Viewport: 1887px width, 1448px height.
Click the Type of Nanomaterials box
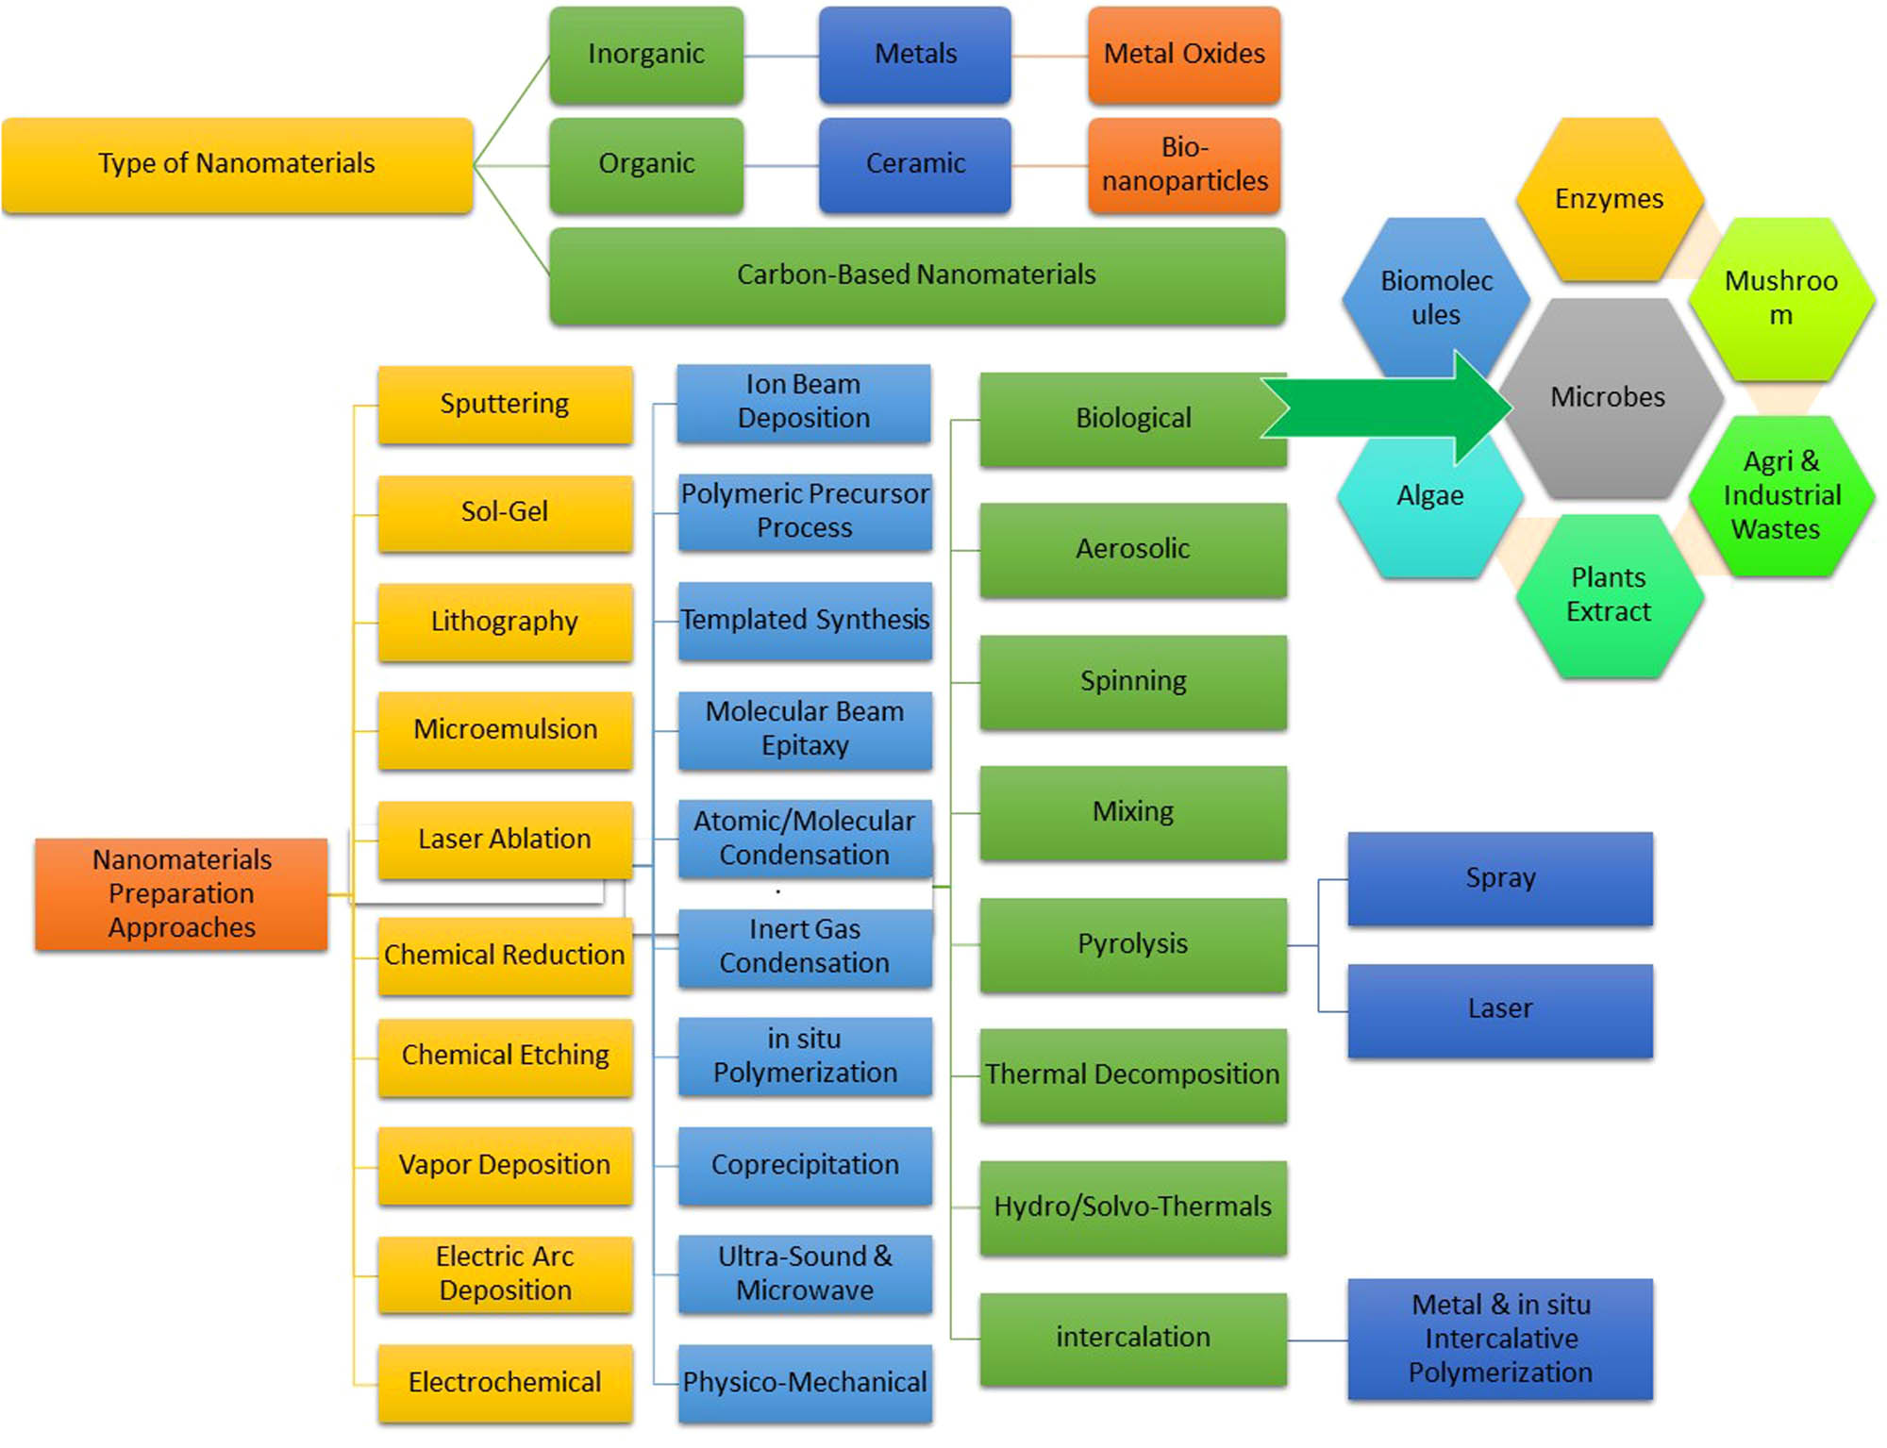click(x=237, y=165)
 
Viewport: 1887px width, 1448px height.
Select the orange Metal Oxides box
click(x=1184, y=55)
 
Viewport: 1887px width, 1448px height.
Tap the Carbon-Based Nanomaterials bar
click(x=916, y=275)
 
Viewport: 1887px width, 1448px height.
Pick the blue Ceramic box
click(x=915, y=165)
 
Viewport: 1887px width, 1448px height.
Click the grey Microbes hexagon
click(x=1609, y=398)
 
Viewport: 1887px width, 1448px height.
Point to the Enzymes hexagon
click(x=1609, y=199)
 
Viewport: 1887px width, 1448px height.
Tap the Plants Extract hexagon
click(x=1609, y=595)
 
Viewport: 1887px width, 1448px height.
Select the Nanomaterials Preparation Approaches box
click(x=181, y=893)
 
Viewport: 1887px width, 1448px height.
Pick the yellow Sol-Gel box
click(x=505, y=512)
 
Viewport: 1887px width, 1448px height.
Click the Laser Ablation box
click(x=505, y=840)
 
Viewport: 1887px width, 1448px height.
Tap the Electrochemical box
click(x=505, y=1383)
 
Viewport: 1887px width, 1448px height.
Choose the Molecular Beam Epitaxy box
click(x=805, y=729)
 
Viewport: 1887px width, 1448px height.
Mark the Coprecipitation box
click(x=805, y=1165)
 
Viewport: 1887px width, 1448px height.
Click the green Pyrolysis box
click(x=1133, y=944)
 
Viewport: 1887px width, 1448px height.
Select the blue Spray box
click(x=1500, y=878)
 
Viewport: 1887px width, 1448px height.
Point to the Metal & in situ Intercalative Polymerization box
click(x=1500, y=1339)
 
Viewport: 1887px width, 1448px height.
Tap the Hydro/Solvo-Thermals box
click(x=1133, y=1207)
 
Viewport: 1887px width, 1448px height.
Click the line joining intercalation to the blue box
click(x=1317, y=1340)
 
